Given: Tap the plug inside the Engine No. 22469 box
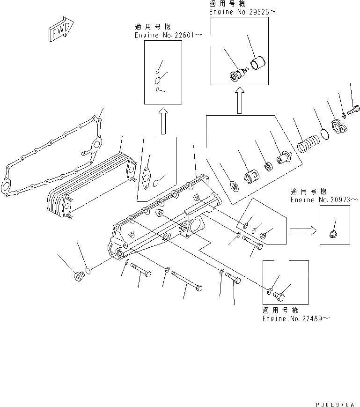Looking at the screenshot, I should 279,296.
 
